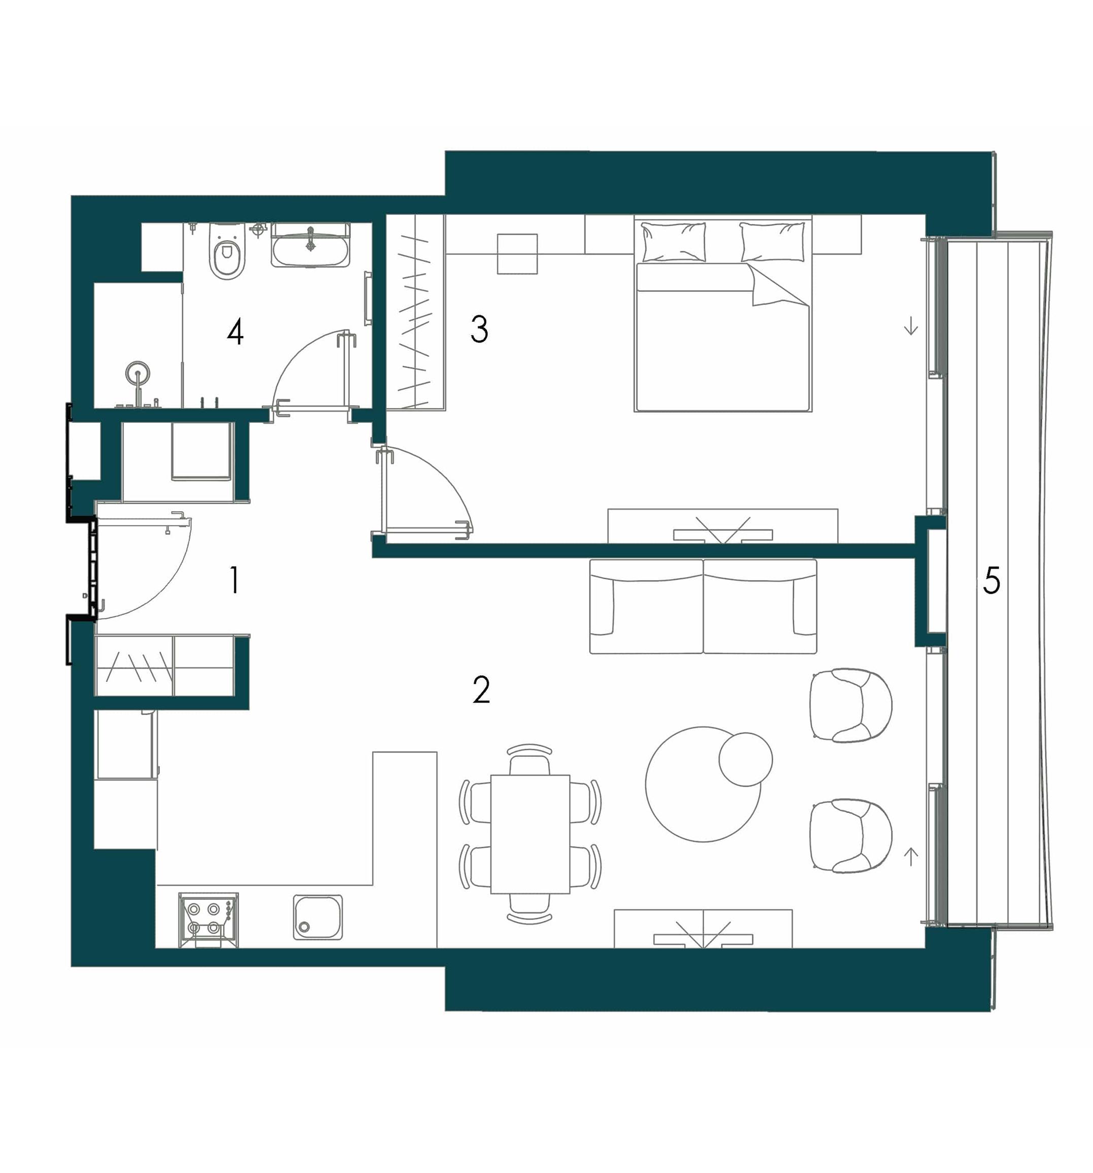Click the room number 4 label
click(235, 331)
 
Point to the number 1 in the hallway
click(235, 580)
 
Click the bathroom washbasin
click(310, 245)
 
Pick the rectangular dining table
click(530, 834)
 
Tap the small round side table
click(745, 759)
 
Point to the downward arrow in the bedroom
click(911, 325)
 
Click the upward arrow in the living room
click(911, 856)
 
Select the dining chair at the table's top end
click(529, 759)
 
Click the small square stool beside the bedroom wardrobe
click(517, 254)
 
